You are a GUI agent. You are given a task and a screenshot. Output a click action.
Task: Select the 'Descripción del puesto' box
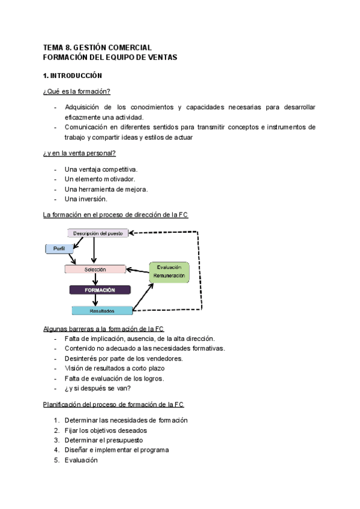[x=98, y=233]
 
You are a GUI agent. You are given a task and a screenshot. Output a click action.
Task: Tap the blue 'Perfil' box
[x=58, y=248]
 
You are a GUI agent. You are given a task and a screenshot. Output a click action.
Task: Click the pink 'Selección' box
[x=95, y=270]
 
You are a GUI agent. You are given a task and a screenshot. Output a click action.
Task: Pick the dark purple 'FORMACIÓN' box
[x=100, y=290]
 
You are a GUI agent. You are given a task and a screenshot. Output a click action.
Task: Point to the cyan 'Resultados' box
[x=102, y=310]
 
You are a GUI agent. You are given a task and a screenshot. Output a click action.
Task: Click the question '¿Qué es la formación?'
[x=76, y=92]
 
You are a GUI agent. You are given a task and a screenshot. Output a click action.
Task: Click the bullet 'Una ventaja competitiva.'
[x=101, y=170]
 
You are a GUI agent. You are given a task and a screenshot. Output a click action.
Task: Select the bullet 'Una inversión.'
[x=86, y=199]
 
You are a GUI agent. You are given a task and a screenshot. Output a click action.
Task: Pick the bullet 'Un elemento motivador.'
[x=100, y=179]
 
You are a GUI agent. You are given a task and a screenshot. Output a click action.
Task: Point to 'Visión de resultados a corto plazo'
[x=114, y=368]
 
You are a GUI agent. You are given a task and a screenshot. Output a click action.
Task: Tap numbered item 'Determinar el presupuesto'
[x=103, y=440]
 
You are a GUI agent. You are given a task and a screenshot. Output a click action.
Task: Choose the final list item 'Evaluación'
[x=80, y=460]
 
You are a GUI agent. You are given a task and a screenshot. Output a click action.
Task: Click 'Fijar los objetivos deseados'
[x=105, y=430]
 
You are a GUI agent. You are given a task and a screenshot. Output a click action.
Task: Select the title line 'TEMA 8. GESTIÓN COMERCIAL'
[x=97, y=47]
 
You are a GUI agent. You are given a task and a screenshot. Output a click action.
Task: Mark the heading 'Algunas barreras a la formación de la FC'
[x=104, y=329]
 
